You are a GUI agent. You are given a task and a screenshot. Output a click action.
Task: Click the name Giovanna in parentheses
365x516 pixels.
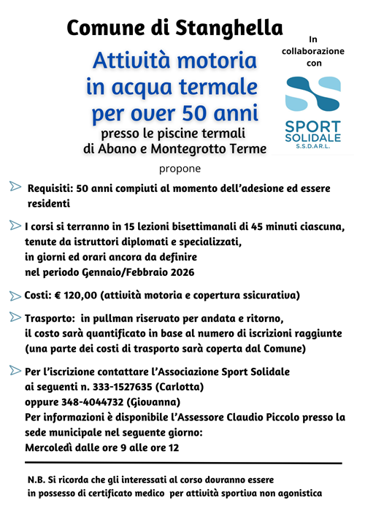pyautogui.click(x=153, y=401)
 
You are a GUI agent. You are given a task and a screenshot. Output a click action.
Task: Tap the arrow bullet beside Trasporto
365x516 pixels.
pyautogui.click(x=15, y=317)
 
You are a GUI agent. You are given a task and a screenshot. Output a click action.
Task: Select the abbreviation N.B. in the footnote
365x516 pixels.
pyautogui.click(x=37, y=480)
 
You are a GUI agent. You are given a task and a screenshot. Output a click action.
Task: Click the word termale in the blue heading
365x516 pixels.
pyautogui.click(x=219, y=88)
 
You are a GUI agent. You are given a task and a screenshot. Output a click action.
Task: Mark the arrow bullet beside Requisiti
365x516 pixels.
pyautogui.click(x=15, y=187)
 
